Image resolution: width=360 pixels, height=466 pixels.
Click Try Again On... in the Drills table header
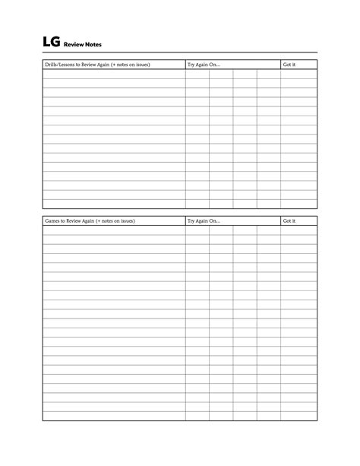(x=204, y=65)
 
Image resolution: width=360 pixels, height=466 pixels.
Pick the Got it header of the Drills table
(x=289, y=65)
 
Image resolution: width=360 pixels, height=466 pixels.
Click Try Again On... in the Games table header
(x=204, y=221)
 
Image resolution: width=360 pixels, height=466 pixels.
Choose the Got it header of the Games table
(x=289, y=221)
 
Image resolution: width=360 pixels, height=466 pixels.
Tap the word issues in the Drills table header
(x=141, y=65)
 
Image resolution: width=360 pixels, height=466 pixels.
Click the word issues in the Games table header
(x=126, y=221)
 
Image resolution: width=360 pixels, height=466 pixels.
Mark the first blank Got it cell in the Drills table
(x=298, y=74)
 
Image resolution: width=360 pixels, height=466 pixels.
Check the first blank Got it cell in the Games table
(x=298, y=230)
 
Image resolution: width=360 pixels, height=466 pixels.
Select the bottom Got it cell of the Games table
(x=298, y=416)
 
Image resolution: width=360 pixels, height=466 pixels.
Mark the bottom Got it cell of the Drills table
(x=298, y=204)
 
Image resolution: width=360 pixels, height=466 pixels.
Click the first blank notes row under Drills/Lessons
(x=114, y=74)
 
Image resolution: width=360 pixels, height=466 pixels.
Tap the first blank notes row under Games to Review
(x=114, y=230)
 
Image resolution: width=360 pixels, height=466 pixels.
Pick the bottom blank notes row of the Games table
(x=114, y=416)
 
